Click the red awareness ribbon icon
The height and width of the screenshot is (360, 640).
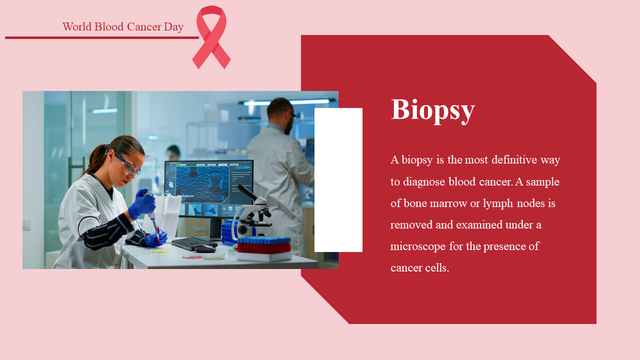pos(211,37)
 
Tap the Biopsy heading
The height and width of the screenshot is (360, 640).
pos(432,110)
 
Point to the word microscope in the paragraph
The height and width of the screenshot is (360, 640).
pos(417,246)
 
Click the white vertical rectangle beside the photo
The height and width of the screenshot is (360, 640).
pos(338,180)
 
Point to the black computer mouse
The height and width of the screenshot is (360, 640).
pos(205,249)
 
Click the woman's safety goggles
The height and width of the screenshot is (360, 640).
pos(128,165)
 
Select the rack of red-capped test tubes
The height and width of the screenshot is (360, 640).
pos(264,248)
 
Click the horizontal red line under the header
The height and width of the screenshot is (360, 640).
pos(102,37)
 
